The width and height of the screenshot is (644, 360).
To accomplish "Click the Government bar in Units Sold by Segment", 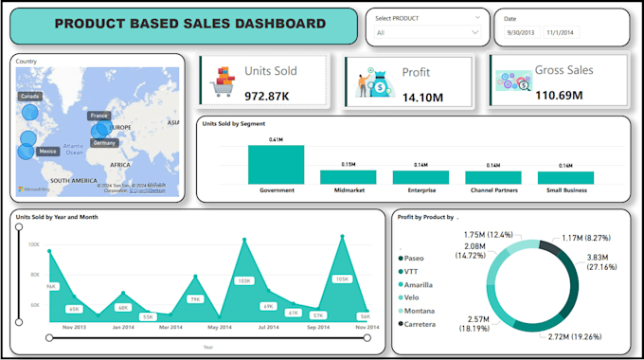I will pos(276,165).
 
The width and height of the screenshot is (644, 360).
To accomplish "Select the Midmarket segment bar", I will pos(348,177).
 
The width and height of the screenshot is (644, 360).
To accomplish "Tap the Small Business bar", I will pos(565,177).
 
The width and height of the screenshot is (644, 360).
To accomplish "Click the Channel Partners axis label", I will pos(492,190).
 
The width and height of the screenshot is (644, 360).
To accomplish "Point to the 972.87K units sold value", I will pos(267,96).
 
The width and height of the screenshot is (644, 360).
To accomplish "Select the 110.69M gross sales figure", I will pos(559,95).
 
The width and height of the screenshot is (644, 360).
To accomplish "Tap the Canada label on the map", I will pos(29,97).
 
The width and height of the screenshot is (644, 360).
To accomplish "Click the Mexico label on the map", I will pos(47,152).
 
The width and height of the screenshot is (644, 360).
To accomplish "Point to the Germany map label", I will pos(104,143).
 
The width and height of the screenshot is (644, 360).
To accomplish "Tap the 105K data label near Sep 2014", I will pos(342,279).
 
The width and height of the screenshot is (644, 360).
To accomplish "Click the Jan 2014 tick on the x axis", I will pos(123,327).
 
